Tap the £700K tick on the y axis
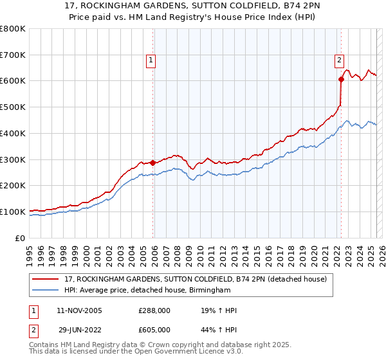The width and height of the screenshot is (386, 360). (x=13, y=55)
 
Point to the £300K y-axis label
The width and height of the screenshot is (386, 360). (x=13, y=159)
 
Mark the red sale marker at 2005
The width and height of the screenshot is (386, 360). (x=152, y=163)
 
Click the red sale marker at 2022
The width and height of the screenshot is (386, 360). (x=341, y=80)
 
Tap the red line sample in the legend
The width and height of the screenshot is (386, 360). (x=46, y=279)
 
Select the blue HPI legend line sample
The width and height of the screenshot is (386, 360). (x=46, y=291)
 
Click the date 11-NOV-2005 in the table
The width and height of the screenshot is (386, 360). (x=79, y=311)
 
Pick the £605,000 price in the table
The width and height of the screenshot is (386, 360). (x=154, y=330)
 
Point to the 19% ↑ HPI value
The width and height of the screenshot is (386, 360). (x=219, y=311)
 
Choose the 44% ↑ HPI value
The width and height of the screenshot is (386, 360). (x=219, y=330)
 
